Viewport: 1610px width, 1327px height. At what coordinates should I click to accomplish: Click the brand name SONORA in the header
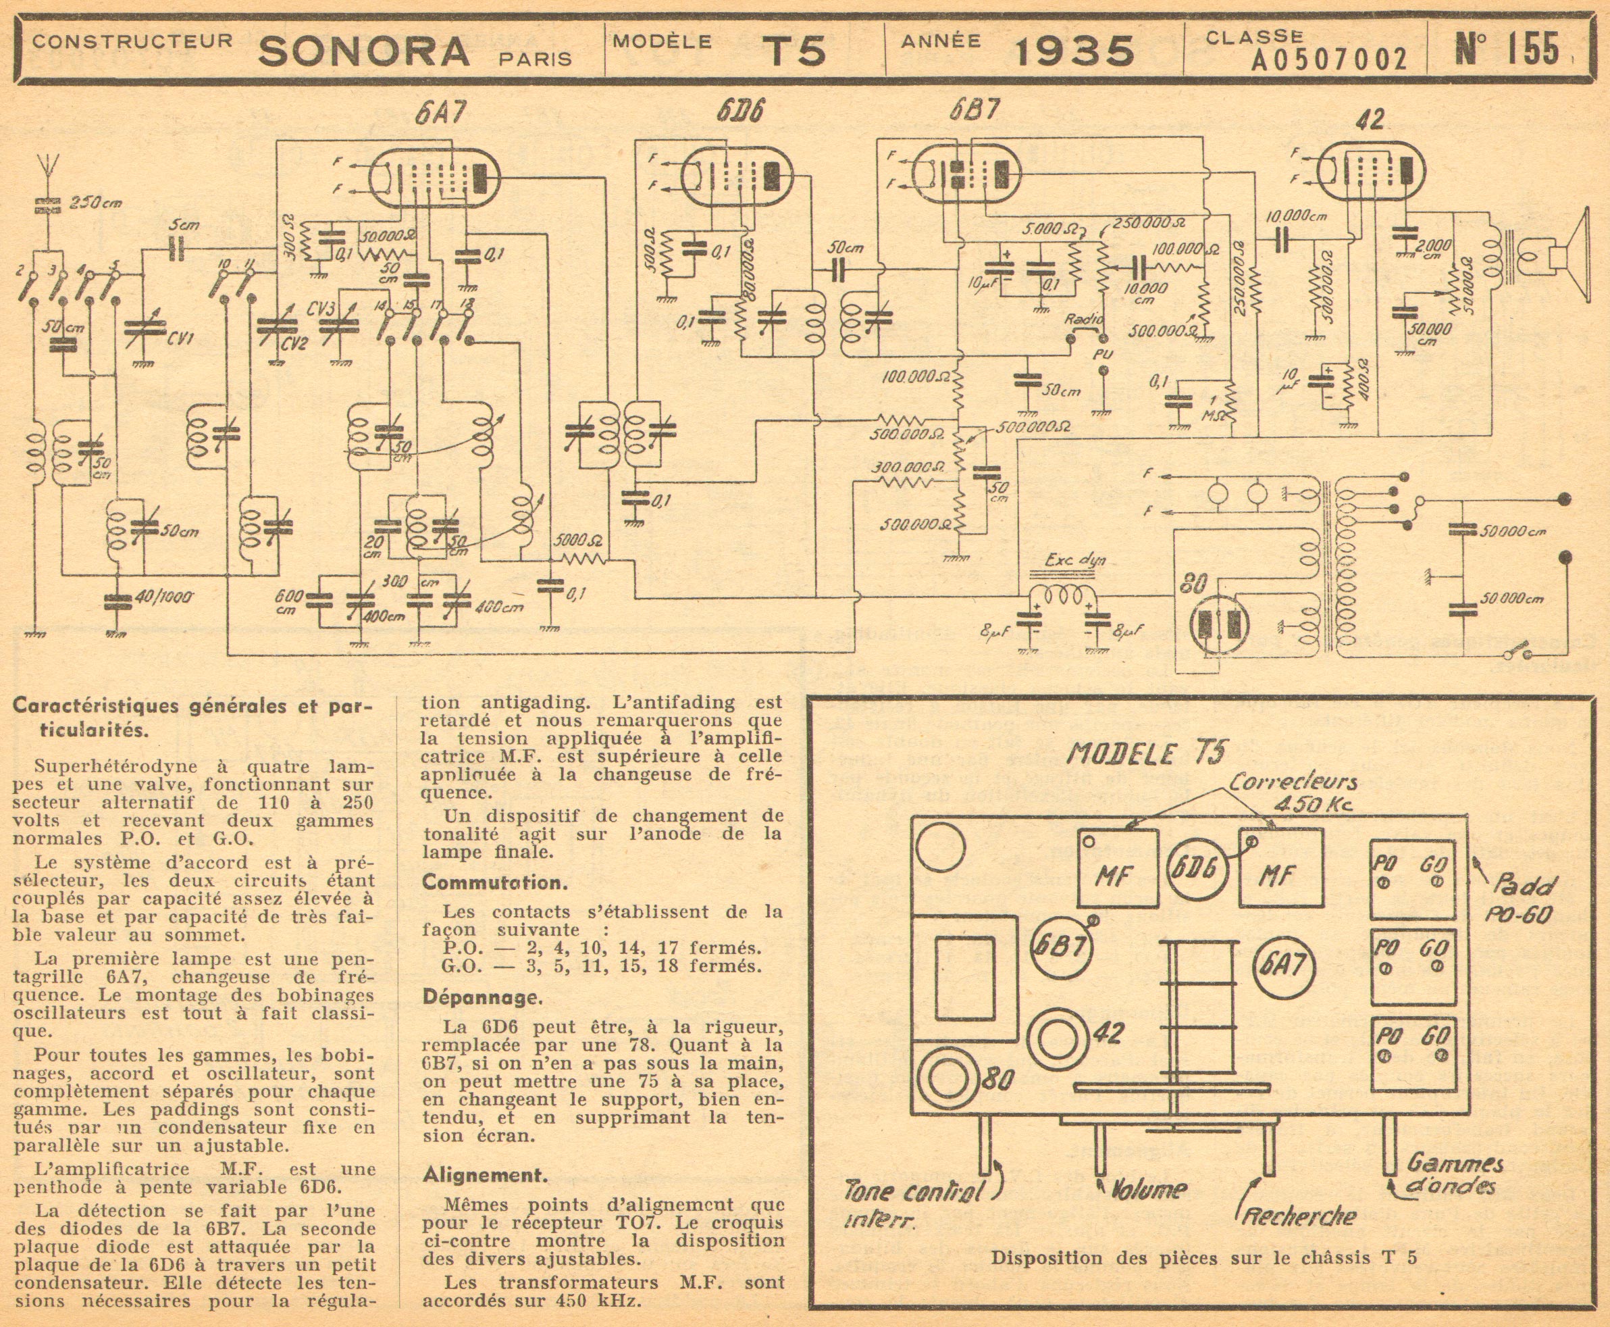[x=364, y=51]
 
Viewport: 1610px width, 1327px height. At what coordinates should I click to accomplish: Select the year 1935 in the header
[x=1074, y=51]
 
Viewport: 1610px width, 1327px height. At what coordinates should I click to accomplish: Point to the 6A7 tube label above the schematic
[x=440, y=113]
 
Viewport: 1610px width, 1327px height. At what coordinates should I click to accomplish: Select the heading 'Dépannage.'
[x=482, y=997]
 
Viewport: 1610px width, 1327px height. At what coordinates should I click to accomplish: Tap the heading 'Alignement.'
[x=485, y=1175]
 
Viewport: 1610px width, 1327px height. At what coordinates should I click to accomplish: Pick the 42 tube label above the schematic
[x=1373, y=121]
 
